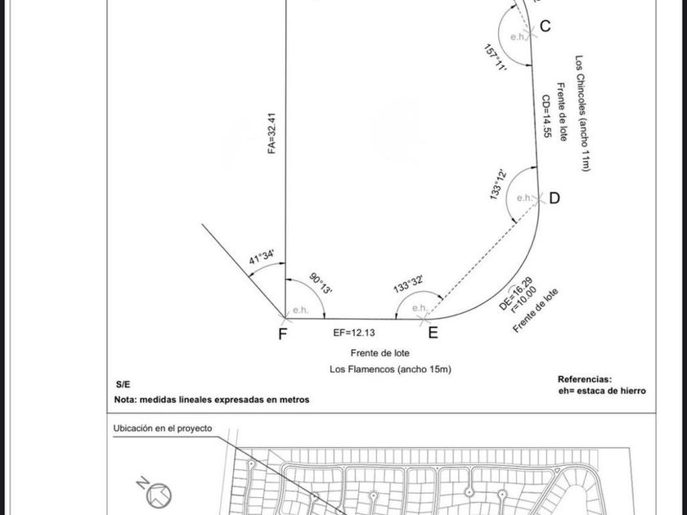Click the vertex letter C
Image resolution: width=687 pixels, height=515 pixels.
(545, 26)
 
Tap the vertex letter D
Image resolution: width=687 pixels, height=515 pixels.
(555, 198)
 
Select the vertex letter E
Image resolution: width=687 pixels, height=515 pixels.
(433, 332)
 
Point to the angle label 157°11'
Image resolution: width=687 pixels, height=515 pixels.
(496, 60)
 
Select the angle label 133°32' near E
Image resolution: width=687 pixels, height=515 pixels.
(407, 284)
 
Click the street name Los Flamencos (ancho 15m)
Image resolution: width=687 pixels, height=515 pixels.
(390, 369)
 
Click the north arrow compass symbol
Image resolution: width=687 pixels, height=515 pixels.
(157, 493)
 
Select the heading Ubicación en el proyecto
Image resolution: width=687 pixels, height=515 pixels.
(162, 428)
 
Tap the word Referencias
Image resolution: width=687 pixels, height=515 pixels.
(584, 379)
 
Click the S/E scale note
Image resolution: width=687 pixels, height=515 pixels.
(123, 384)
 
